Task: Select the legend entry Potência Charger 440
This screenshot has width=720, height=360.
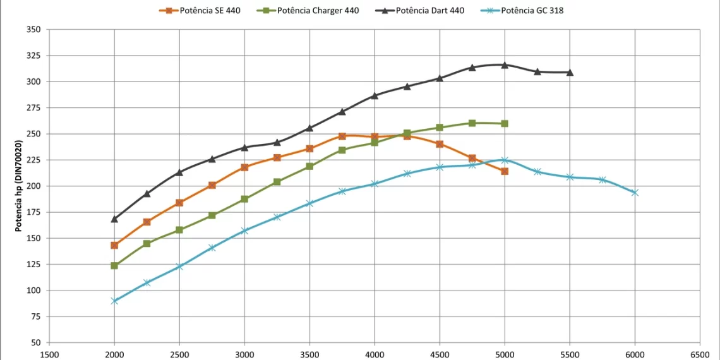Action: pyautogui.click(x=309, y=11)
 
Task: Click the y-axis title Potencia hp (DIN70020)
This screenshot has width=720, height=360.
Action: pyautogui.click(x=19, y=186)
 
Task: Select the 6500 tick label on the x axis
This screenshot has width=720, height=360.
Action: pyautogui.click(x=700, y=355)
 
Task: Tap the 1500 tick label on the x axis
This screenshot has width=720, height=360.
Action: pyautogui.click(x=50, y=355)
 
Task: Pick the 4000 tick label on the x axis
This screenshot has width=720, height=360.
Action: pyautogui.click(x=375, y=355)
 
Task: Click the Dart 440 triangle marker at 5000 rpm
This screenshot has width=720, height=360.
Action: pyautogui.click(x=505, y=64)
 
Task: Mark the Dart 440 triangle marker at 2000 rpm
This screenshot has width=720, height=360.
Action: pyautogui.click(x=114, y=219)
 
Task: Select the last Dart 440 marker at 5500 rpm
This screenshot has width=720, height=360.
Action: pyautogui.click(x=570, y=72)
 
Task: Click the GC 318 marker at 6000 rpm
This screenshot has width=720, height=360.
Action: pyautogui.click(x=635, y=193)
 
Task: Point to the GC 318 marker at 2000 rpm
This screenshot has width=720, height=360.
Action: pyautogui.click(x=114, y=301)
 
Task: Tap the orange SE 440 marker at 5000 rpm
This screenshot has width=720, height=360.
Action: pyautogui.click(x=505, y=171)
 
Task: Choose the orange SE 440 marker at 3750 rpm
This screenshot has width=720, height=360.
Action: pyautogui.click(x=342, y=136)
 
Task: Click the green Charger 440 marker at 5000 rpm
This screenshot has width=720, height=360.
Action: pyautogui.click(x=505, y=123)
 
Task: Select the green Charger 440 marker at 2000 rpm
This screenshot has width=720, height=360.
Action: pyautogui.click(x=114, y=265)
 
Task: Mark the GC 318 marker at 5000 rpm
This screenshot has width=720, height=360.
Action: pyautogui.click(x=505, y=160)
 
